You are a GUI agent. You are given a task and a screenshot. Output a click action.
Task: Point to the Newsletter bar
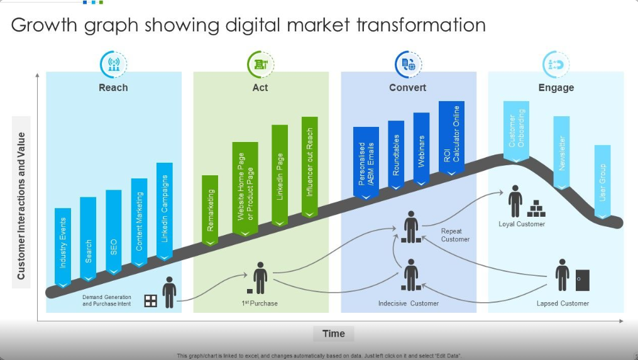561,153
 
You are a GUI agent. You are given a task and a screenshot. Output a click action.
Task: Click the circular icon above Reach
114,64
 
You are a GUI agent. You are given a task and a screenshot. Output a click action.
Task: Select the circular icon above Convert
408,64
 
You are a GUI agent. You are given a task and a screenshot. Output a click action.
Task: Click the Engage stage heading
556,87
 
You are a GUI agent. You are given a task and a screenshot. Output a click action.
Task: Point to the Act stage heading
260,87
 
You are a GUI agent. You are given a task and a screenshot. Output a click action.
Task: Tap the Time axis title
334,334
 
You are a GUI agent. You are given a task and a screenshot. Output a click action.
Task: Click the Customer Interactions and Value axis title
21,206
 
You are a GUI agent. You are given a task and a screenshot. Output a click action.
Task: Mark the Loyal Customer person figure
515,201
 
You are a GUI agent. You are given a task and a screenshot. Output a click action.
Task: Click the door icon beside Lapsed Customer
583,280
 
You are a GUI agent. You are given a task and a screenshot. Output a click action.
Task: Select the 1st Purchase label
260,303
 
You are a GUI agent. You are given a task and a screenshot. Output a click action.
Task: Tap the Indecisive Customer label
409,303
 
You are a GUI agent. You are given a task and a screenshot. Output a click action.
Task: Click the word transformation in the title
421,25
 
